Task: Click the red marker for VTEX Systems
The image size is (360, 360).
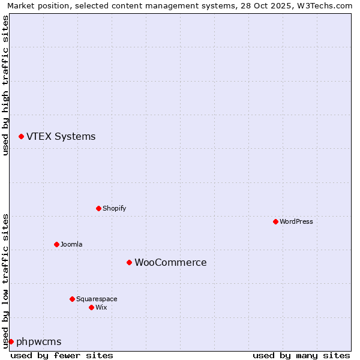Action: click(x=21, y=137)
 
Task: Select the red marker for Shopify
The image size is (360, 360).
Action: click(x=98, y=208)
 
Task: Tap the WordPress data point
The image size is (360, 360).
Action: click(x=275, y=221)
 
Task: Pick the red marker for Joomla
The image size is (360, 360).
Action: click(x=56, y=244)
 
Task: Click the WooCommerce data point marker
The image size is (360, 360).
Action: click(x=129, y=262)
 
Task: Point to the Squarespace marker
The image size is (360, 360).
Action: click(x=72, y=299)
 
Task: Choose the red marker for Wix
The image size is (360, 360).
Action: click(x=91, y=307)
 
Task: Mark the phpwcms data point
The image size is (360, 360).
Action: click(x=11, y=341)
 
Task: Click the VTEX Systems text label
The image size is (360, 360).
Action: click(x=61, y=137)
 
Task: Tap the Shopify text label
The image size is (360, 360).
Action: click(x=114, y=209)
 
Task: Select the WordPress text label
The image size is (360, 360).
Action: click(x=296, y=222)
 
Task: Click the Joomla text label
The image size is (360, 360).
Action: click(x=71, y=245)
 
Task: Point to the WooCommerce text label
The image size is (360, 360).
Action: click(x=170, y=263)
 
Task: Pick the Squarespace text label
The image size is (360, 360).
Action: click(x=97, y=299)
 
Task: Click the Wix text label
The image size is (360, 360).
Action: click(x=101, y=308)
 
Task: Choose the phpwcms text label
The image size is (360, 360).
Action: click(x=38, y=342)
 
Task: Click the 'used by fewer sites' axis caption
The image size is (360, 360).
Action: click(x=62, y=355)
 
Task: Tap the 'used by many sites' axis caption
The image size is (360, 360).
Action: click(x=301, y=355)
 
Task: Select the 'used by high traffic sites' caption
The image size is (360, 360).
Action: click(x=5, y=85)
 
